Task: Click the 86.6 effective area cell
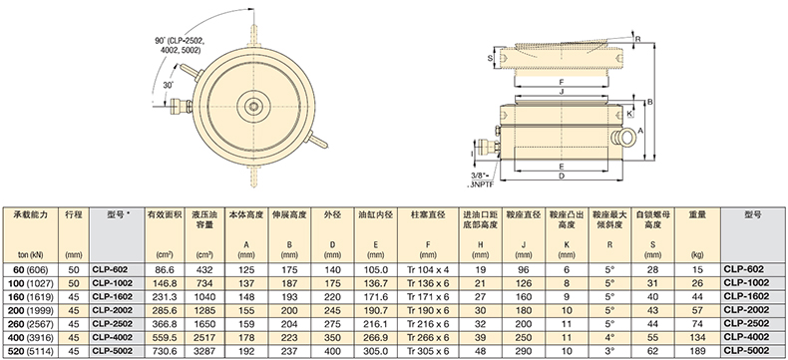tap(165, 269)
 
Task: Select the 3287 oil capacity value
tap(204, 351)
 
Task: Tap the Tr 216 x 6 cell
tap(428, 324)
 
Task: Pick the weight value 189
tap(697, 351)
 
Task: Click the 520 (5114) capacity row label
tap(29, 351)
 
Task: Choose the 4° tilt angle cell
tap(609, 337)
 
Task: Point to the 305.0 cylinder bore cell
tap(375, 351)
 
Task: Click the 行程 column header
tap(74, 214)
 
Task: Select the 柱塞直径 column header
tap(428, 214)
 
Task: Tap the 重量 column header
tap(697, 214)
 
